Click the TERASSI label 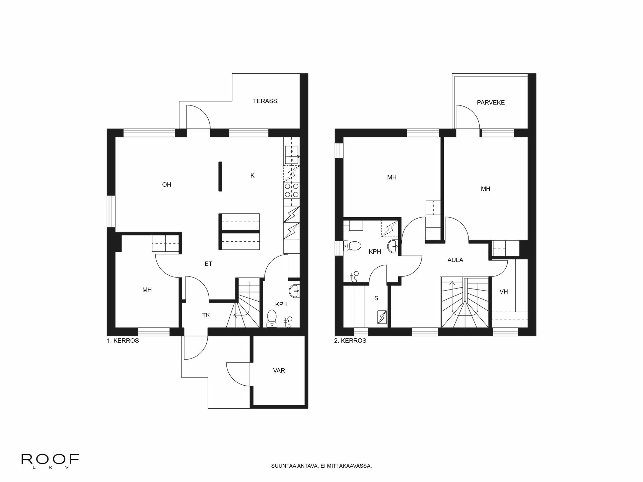click(x=266, y=101)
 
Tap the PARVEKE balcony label click(x=491, y=103)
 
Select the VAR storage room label click(x=279, y=371)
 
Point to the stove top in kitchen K click(x=291, y=190)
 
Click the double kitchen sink click(x=292, y=155)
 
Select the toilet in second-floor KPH click(x=352, y=246)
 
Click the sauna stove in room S click(x=381, y=317)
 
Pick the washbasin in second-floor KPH click(x=393, y=247)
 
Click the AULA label click(x=455, y=260)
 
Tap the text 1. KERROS click(x=123, y=341)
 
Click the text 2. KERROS click(x=350, y=341)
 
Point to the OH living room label click(x=166, y=185)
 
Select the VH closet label click(x=503, y=292)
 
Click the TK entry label click(x=206, y=315)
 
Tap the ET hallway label click(x=208, y=264)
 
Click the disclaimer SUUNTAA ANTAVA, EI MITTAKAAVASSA click(x=321, y=466)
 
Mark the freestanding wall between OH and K click(x=220, y=176)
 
